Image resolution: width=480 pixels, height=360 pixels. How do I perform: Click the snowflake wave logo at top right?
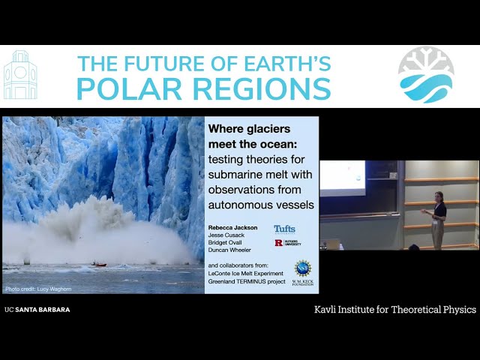425,75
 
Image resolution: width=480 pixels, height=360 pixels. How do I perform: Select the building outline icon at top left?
20,76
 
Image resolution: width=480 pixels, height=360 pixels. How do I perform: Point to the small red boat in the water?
99,264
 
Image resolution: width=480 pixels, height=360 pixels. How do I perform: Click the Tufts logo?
285,229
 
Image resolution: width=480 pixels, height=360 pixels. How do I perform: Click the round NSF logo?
302,268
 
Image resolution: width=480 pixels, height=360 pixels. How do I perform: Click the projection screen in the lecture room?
342,178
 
